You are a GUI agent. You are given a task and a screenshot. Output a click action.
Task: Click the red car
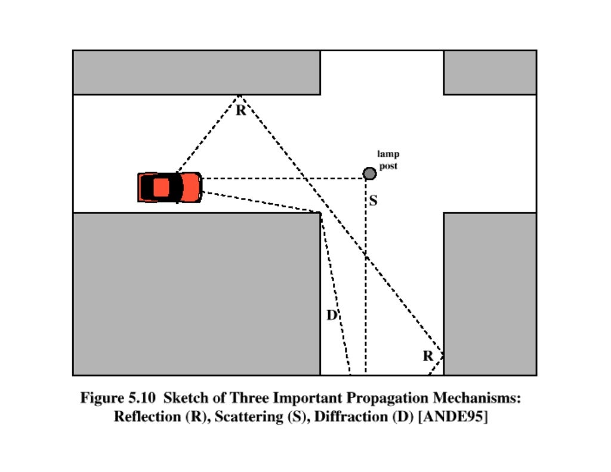[x=170, y=187]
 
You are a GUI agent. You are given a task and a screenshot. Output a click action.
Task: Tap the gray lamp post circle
[x=369, y=173]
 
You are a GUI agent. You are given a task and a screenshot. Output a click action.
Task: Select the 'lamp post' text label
[x=388, y=160]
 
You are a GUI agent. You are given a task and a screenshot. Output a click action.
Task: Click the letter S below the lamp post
[x=373, y=201]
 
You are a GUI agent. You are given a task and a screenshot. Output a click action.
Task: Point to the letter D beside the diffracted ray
[x=332, y=315]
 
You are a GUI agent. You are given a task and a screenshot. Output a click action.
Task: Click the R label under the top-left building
[x=240, y=111]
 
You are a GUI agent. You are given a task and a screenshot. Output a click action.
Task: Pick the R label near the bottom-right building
[x=428, y=356]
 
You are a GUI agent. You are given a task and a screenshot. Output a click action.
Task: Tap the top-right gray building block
[x=489, y=72]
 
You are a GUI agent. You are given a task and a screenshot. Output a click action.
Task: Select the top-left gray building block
[x=196, y=72]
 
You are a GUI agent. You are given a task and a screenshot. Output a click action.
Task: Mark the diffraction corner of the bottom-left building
[x=320, y=213]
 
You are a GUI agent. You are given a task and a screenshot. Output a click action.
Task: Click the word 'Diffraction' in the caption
[x=351, y=417]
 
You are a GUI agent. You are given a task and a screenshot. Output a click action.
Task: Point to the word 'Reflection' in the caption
[x=146, y=417]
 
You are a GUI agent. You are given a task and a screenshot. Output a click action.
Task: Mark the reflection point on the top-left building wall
[x=239, y=95]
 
